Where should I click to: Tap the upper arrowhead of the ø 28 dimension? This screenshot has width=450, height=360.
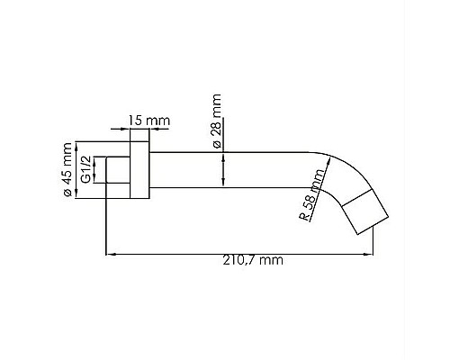tap(221, 152)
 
